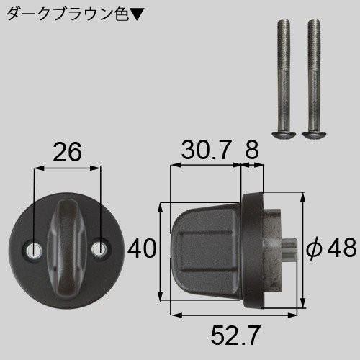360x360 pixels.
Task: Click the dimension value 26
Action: (x=66, y=152)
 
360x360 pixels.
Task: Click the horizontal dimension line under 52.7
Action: (x=238, y=315)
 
